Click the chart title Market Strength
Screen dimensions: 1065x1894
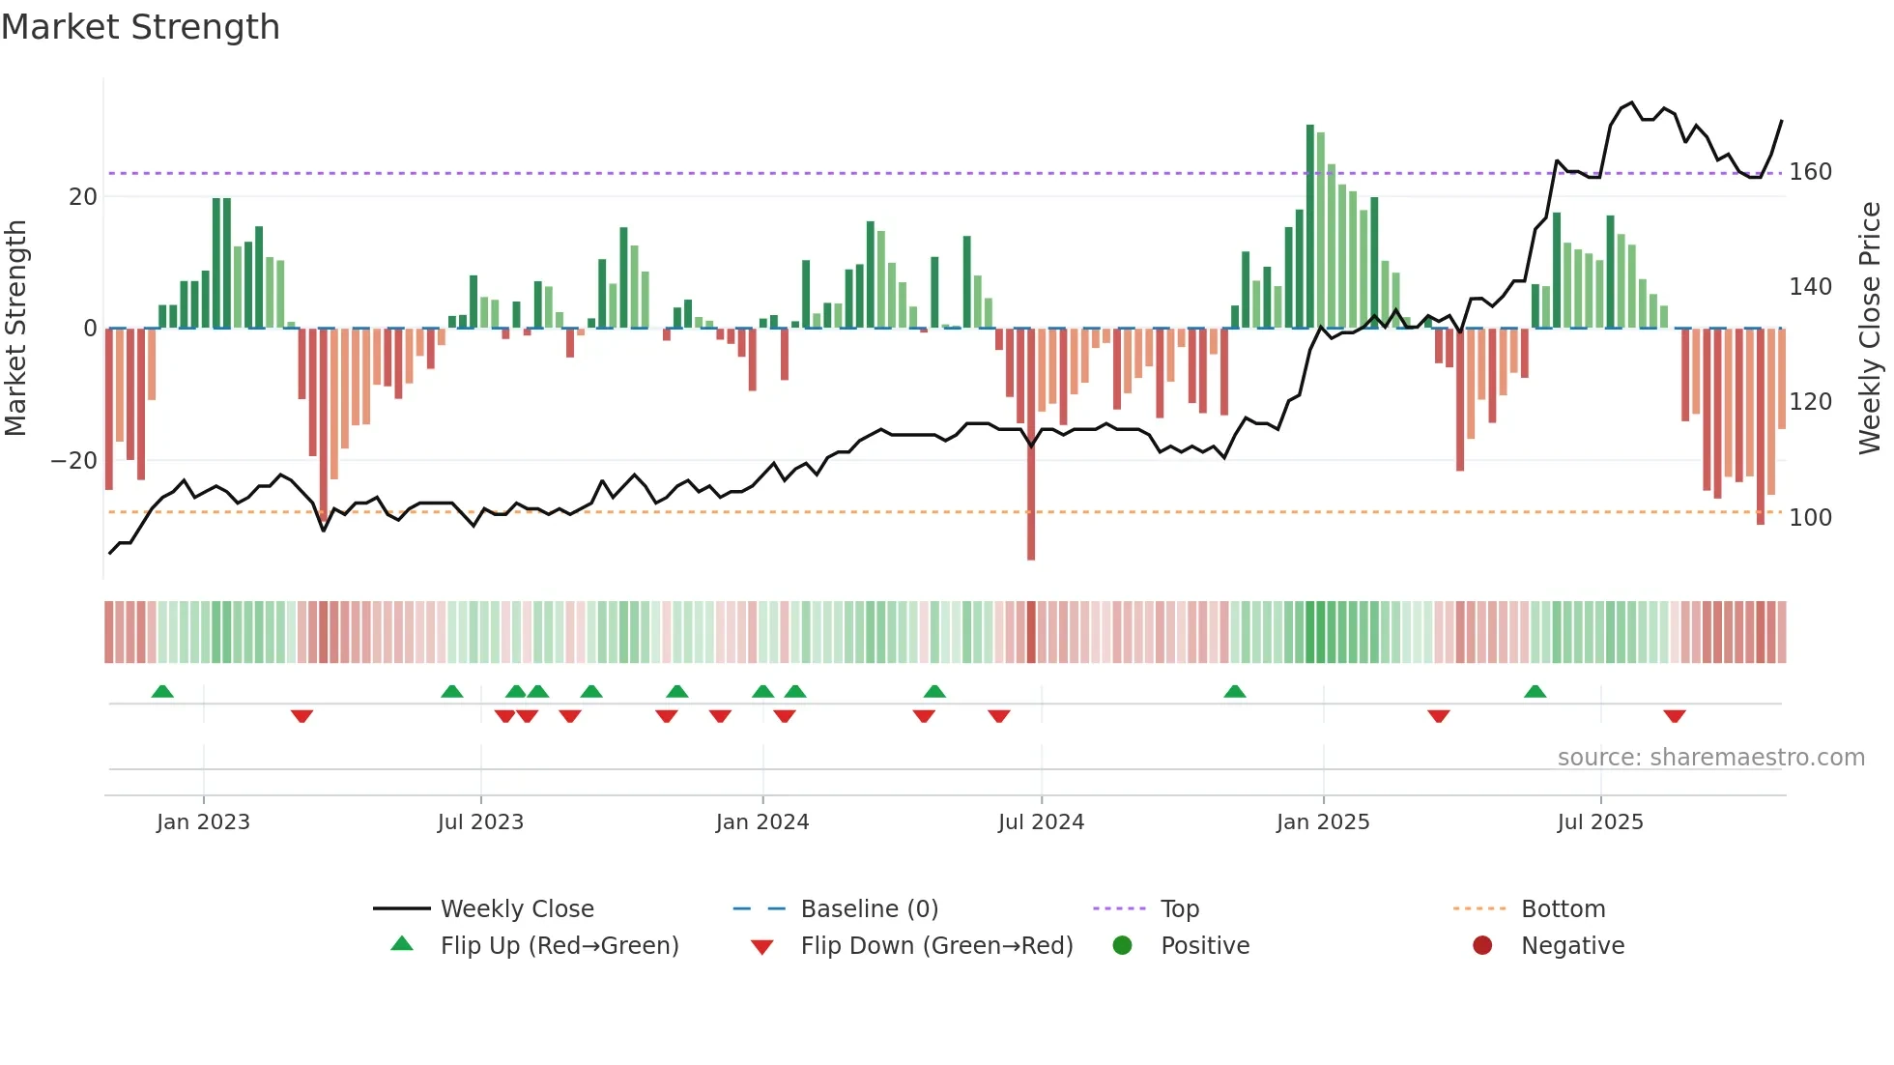pyautogui.click(x=140, y=27)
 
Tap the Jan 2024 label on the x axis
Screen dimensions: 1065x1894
pyautogui.click(x=761, y=822)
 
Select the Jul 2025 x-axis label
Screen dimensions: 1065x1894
pyautogui.click(x=1599, y=822)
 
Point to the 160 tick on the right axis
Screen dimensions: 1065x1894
pyautogui.click(x=1810, y=172)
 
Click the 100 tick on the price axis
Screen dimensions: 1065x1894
pyautogui.click(x=1810, y=518)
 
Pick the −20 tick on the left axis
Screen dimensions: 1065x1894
pyautogui.click(x=74, y=461)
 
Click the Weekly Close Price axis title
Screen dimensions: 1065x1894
pyautogui.click(x=1870, y=329)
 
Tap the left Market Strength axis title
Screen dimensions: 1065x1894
pyautogui.click(x=16, y=329)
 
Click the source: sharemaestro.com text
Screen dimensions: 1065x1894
pyautogui.click(x=1710, y=758)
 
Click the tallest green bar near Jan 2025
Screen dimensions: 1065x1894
pyautogui.click(x=1310, y=227)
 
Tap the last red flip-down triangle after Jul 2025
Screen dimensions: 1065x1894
pyautogui.click(x=1675, y=716)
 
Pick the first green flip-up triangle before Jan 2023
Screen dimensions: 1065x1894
pyautogui.click(x=162, y=691)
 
